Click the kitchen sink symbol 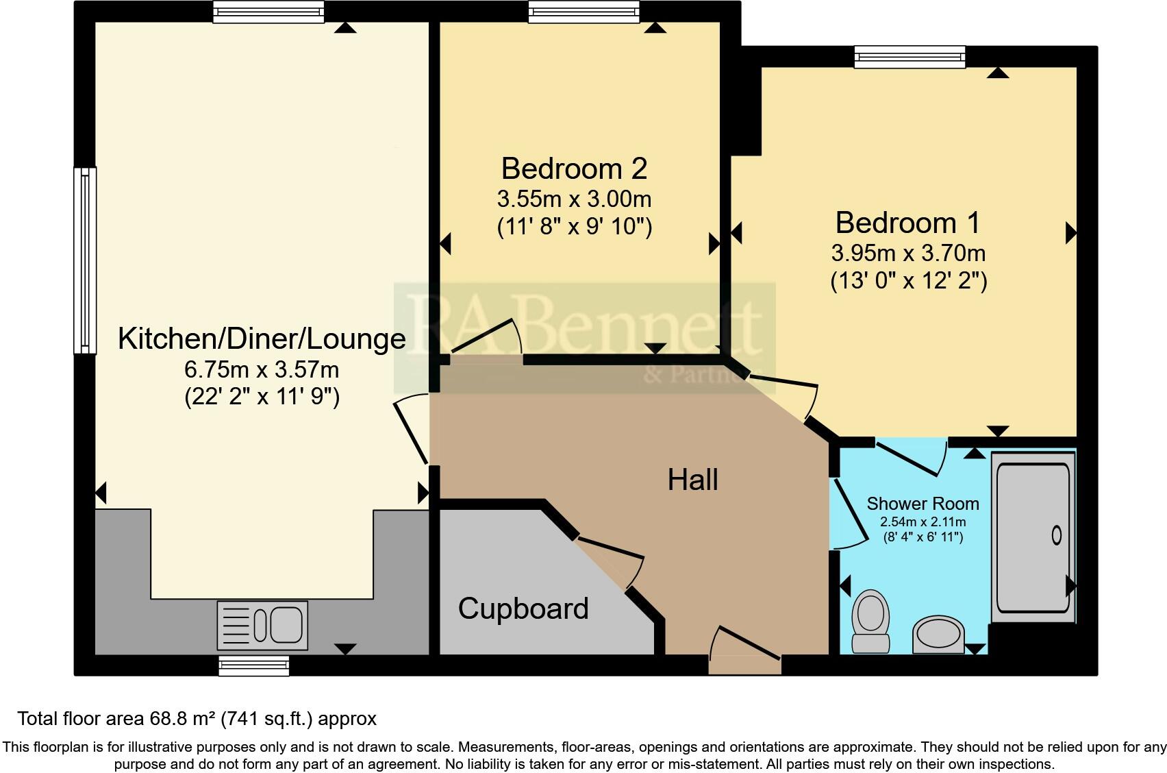[262, 625]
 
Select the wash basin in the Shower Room [938, 634]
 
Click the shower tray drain [1056, 535]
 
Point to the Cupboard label [523, 609]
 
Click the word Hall [692, 480]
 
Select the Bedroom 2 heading [574, 169]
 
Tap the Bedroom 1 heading [907, 223]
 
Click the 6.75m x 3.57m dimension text [262, 370]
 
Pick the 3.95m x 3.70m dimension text [908, 254]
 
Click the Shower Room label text [923, 504]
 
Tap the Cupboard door [610, 555]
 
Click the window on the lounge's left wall [85, 260]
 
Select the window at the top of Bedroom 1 [909, 57]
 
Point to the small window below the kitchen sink [253, 665]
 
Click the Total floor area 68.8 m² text [197, 719]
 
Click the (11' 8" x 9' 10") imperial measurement [574, 227]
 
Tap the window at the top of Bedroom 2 [583, 12]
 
